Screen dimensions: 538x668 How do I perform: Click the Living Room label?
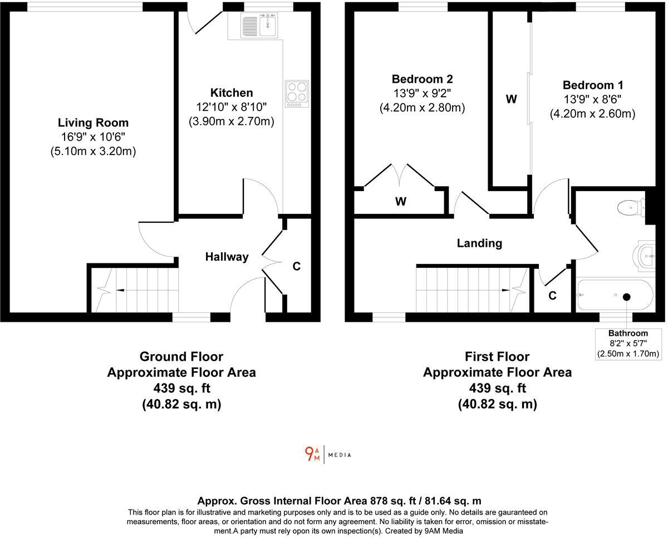(93, 123)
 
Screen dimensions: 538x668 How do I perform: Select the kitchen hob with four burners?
(297, 93)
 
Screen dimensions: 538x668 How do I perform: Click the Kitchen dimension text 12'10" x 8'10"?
(231, 107)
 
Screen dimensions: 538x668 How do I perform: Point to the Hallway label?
(227, 257)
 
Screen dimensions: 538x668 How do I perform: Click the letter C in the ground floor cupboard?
(297, 267)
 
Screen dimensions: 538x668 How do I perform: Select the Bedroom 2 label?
(422, 79)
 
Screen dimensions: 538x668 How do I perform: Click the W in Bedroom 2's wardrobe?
(401, 202)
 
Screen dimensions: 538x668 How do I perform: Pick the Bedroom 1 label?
(592, 85)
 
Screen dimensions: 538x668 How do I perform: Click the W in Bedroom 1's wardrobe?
(511, 99)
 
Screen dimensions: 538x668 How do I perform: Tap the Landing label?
(479, 243)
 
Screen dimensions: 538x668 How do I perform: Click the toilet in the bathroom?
(630, 208)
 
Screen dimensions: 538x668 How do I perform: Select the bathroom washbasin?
(646, 256)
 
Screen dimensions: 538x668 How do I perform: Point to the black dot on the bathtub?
(626, 297)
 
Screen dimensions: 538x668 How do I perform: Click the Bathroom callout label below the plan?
(628, 333)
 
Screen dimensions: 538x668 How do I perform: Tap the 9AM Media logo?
(328, 455)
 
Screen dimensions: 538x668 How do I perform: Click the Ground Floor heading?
(181, 356)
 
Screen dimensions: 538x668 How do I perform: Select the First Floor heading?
(497, 356)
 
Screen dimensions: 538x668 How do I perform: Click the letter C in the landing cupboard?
(552, 296)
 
